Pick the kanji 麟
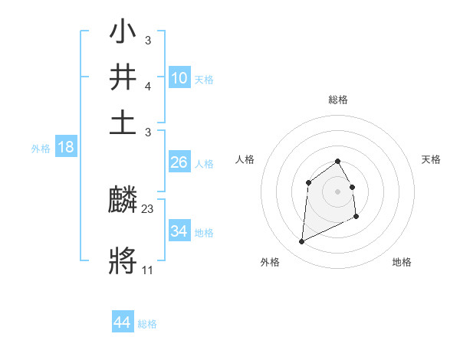(123, 201)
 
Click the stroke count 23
(148, 208)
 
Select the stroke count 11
(148, 269)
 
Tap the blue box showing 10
(179, 77)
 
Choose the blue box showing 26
(179, 162)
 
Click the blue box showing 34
(179, 231)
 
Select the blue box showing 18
(66, 147)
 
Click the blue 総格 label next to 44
(147, 324)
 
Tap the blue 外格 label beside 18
(41, 149)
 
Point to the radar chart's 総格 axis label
(337, 100)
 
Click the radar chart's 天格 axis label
(431, 159)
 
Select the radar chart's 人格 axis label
(245, 159)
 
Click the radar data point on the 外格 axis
(301, 242)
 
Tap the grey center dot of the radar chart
(337, 191)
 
